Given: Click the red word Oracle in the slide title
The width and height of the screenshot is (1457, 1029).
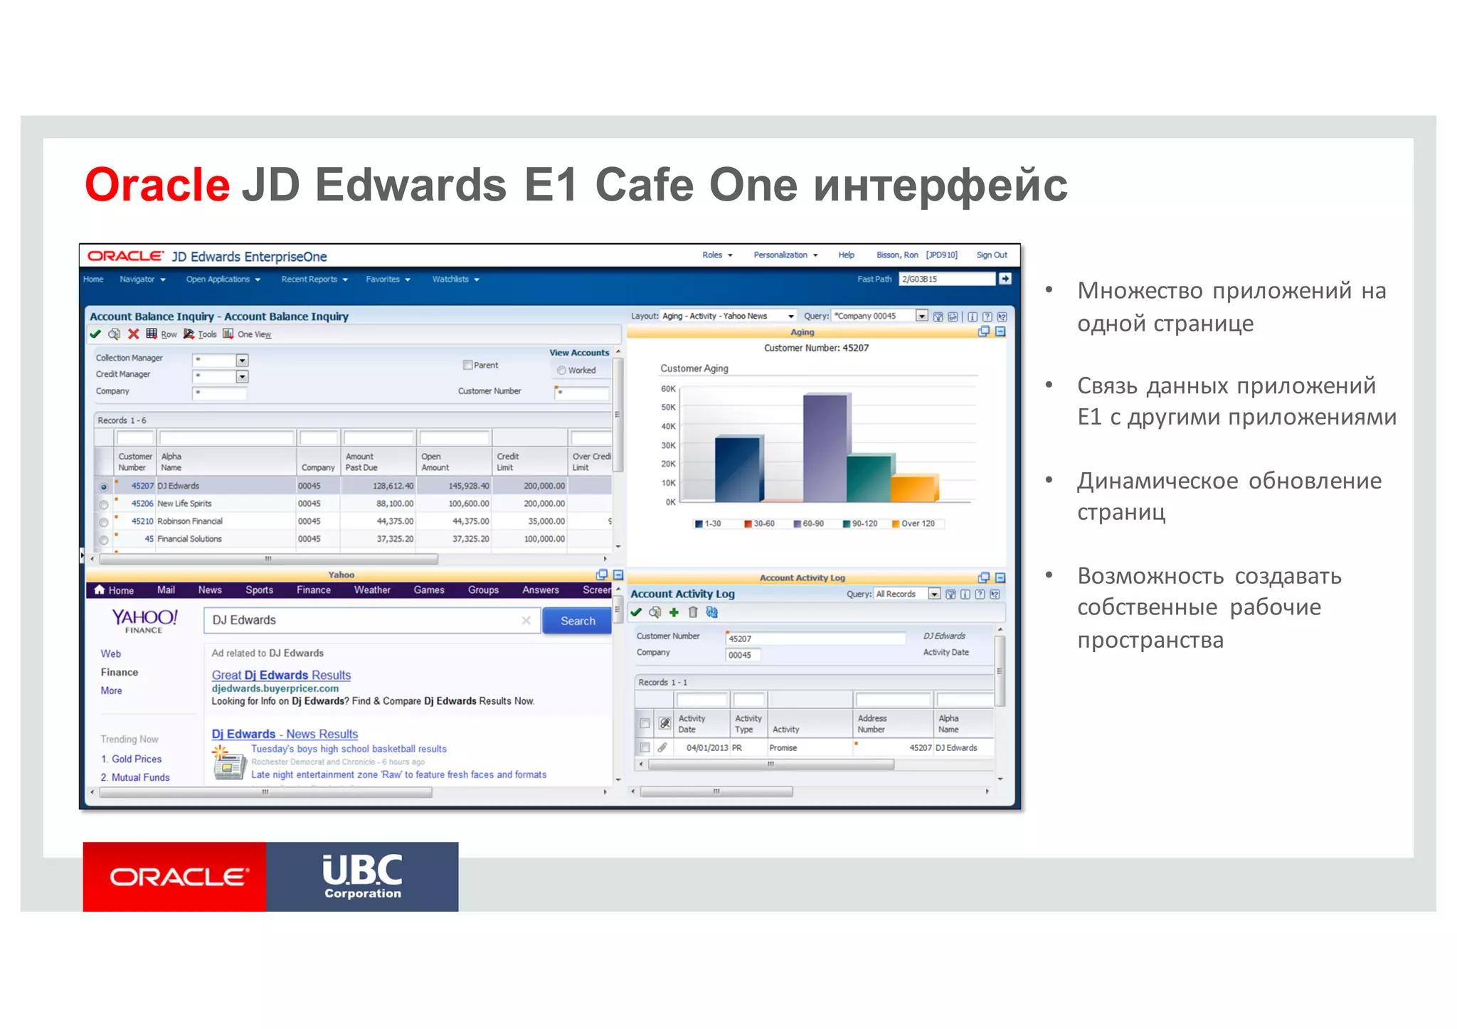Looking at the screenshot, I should (x=157, y=185).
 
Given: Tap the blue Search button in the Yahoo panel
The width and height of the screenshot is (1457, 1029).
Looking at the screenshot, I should (x=577, y=621).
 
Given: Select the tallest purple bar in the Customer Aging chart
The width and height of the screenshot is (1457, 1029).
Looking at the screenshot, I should (x=825, y=448).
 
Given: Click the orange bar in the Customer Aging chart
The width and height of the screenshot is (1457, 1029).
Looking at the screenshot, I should (x=913, y=489).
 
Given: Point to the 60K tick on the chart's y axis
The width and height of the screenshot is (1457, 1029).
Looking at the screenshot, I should (x=668, y=389).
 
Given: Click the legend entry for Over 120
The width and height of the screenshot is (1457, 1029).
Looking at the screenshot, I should (x=917, y=523).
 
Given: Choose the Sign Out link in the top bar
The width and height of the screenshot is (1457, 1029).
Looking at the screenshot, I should (x=991, y=255).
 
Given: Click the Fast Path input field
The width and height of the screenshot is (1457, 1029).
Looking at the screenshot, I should (x=946, y=279).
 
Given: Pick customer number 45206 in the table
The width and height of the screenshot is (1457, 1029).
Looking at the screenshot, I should (x=142, y=503).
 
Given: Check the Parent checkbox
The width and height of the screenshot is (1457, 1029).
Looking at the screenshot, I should (x=467, y=365).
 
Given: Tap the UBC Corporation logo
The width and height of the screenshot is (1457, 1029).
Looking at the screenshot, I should (x=362, y=877).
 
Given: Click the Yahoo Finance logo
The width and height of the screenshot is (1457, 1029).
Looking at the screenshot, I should (x=144, y=619).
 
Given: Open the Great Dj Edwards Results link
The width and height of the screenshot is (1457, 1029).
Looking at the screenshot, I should (x=281, y=675).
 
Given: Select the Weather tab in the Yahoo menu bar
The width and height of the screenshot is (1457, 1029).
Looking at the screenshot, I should (x=372, y=590).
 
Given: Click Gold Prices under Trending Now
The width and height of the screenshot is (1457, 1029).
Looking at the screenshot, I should (x=137, y=759).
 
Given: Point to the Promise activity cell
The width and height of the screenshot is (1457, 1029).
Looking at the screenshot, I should (x=783, y=748).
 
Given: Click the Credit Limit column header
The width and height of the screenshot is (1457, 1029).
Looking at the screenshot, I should (x=508, y=462).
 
